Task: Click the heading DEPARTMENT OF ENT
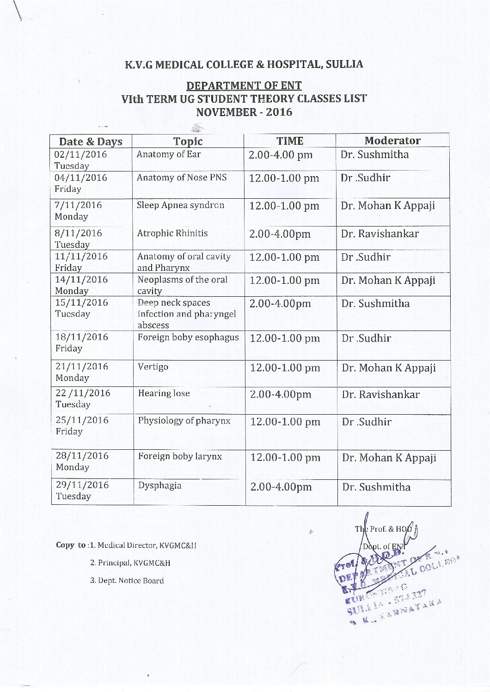tap(244, 86)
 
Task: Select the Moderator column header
tap(392, 141)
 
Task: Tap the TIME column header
tap(290, 141)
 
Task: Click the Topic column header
tap(188, 141)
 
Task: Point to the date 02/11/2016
tap(80, 154)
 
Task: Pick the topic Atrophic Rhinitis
tap(172, 233)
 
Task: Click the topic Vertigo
tap(153, 367)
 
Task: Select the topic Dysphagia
tap(159, 486)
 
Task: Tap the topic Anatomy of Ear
tap(168, 154)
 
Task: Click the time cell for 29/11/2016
tap(281, 487)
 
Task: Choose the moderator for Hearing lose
tap(380, 395)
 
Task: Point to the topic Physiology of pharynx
tap(184, 421)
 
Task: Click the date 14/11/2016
tap(81, 280)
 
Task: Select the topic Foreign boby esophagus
tap(188, 337)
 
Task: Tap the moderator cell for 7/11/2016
tap(388, 206)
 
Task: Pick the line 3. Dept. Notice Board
tap(127, 581)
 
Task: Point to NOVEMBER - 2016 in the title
tap(244, 112)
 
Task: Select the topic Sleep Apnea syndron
tap(180, 205)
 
